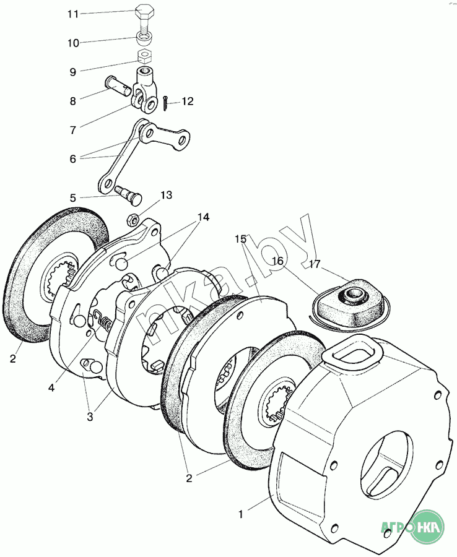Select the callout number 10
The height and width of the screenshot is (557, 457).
tap(73, 43)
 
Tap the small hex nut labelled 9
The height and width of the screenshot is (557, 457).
tap(144, 58)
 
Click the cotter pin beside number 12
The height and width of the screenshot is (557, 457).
tap(168, 105)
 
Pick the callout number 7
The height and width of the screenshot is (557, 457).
tap(73, 130)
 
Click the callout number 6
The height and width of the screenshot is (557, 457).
tap(73, 158)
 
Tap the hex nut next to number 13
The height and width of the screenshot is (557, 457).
tap(132, 218)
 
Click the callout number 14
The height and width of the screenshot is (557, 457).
tap(203, 217)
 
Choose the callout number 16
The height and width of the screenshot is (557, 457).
tap(277, 262)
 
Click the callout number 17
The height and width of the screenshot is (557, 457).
tap(315, 265)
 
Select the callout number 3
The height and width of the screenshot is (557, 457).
tap(90, 417)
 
